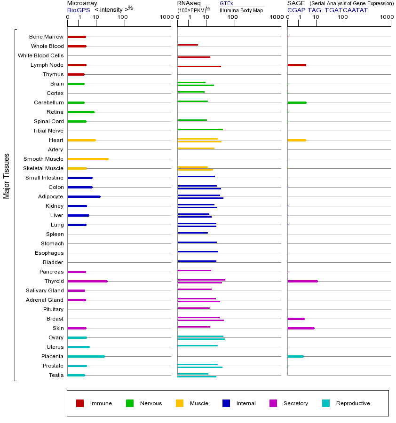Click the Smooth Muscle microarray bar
[88, 159]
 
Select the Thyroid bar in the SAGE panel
[302, 281]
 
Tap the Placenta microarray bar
[86, 356]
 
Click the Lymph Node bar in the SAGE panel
[296, 65]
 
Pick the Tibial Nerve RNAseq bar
[200, 129]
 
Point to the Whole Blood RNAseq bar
[188, 45]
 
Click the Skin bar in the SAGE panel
[301, 328]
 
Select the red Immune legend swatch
[80, 403]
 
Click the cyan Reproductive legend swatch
[326, 403]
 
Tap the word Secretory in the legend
[295, 403]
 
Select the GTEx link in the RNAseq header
[226, 3]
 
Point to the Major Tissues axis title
[7, 176]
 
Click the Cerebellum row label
[48, 102]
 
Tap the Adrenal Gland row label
[45, 300]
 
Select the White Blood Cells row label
[40, 55]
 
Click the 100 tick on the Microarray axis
[123, 17]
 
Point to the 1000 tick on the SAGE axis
[387, 17]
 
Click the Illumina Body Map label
[241, 10]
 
